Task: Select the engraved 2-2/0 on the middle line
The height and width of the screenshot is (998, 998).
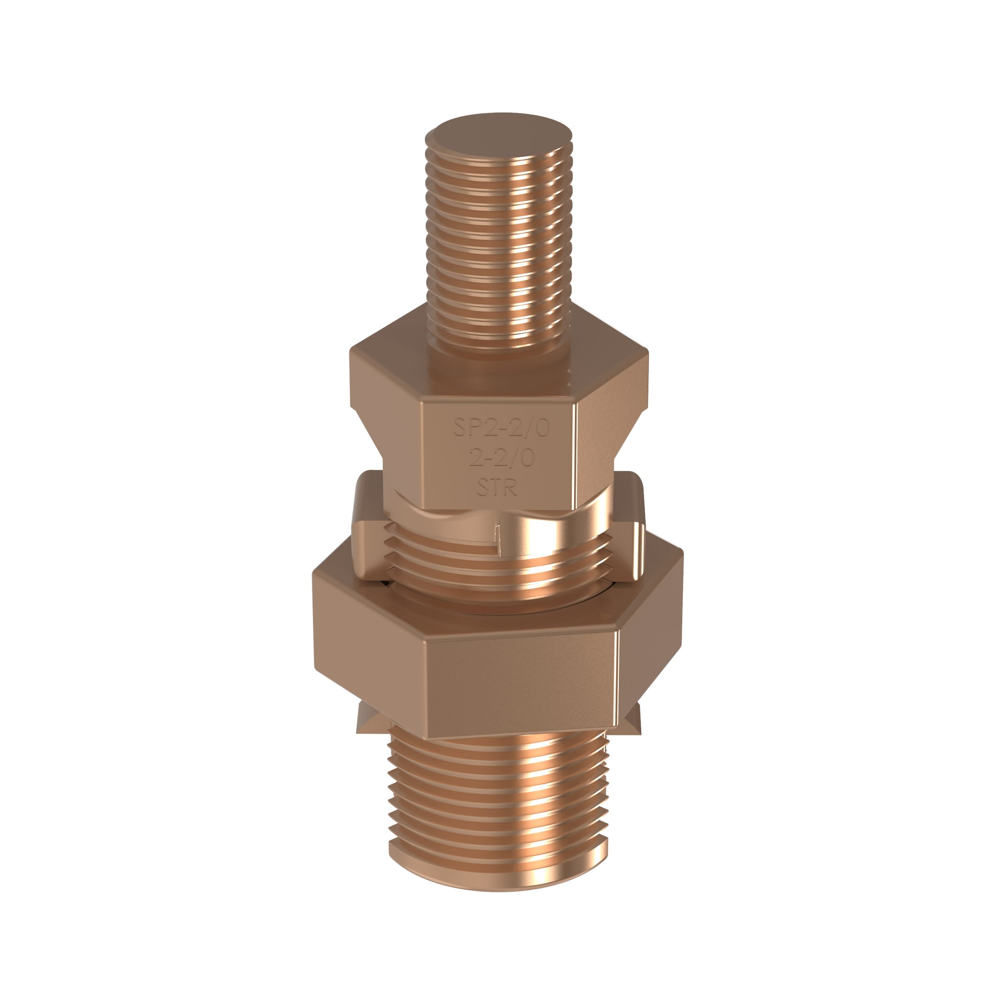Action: (501, 457)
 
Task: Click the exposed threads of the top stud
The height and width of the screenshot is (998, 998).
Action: (499, 232)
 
